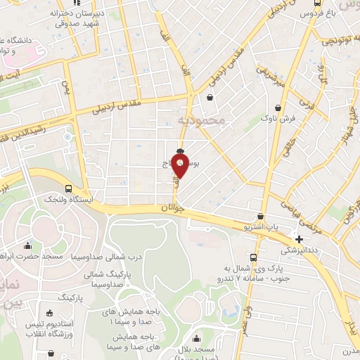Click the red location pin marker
click(x=181, y=166)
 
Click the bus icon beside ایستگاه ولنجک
click(x=68, y=188)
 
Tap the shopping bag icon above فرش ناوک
click(x=281, y=108)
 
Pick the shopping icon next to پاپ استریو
click(x=261, y=217)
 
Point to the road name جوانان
click(x=172, y=208)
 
